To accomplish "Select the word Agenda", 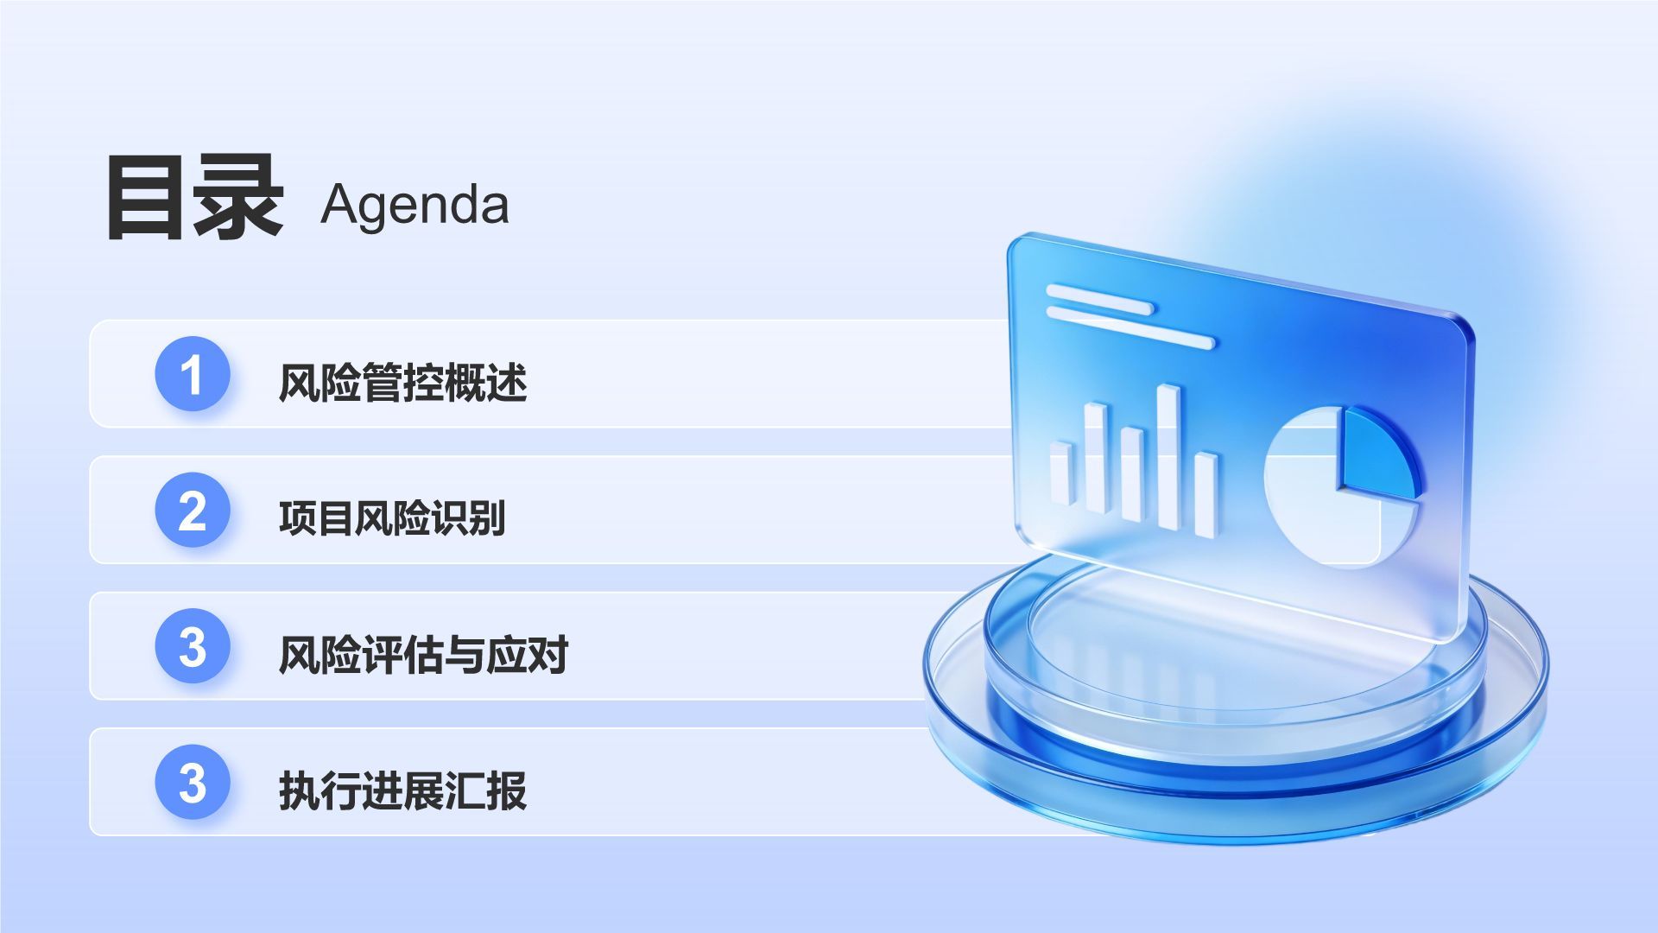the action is click(414, 206).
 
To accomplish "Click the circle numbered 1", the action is click(193, 374).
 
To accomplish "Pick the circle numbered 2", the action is click(193, 510).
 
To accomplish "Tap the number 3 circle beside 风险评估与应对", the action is click(193, 646).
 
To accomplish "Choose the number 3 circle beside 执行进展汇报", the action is click(193, 782).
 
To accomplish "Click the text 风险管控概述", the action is click(402, 383).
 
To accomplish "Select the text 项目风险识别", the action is click(392, 518).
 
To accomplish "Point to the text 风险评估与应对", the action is click(423, 655).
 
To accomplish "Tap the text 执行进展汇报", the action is click(402, 790).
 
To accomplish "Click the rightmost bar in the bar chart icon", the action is click(1206, 494).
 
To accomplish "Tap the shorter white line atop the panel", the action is click(1099, 301).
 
